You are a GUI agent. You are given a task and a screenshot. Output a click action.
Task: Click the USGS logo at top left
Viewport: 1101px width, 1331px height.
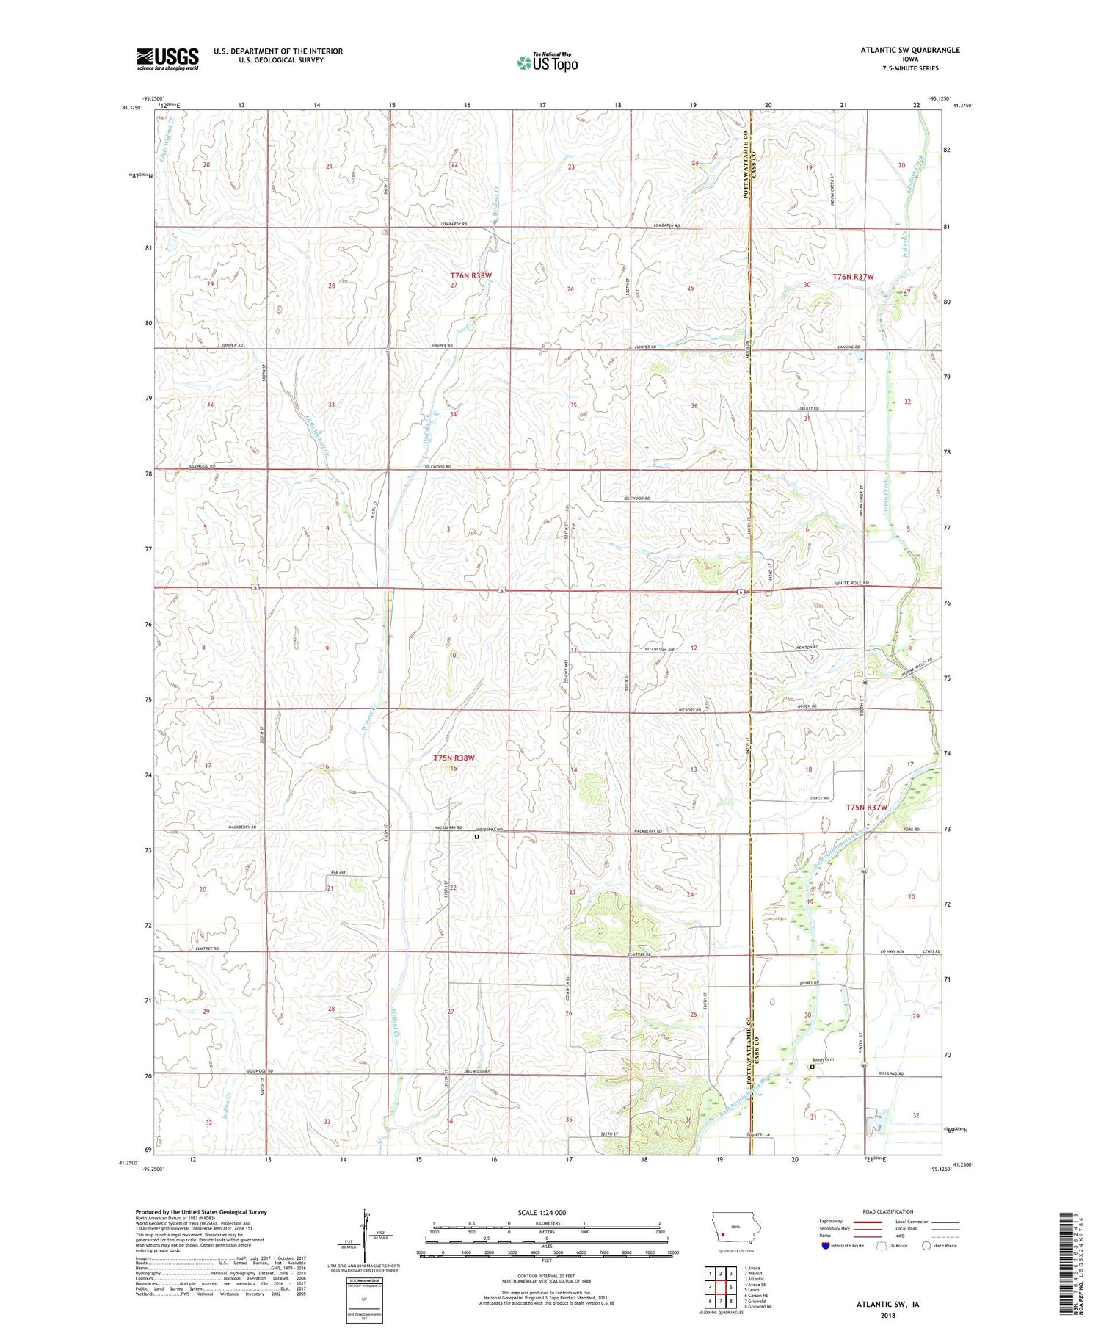(x=167, y=59)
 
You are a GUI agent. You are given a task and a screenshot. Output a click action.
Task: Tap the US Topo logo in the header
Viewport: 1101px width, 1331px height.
(x=548, y=63)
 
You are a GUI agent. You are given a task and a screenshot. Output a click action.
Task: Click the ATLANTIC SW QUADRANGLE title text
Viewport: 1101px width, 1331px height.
(x=909, y=50)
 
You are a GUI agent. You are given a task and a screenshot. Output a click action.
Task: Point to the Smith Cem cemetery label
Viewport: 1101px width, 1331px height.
(x=822, y=1059)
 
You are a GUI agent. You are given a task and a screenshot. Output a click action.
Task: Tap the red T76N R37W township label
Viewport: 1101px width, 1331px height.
(x=853, y=277)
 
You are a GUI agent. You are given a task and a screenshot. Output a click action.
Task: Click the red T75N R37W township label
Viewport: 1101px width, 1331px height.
(x=866, y=807)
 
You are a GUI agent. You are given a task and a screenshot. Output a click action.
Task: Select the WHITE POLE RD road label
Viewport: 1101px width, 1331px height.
(x=851, y=583)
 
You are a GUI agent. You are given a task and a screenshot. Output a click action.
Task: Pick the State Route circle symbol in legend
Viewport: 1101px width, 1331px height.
(x=926, y=1246)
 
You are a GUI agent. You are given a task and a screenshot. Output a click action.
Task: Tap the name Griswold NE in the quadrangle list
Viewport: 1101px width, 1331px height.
(x=761, y=1307)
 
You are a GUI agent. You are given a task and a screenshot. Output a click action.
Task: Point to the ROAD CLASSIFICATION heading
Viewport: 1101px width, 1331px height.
(x=888, y=1211)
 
